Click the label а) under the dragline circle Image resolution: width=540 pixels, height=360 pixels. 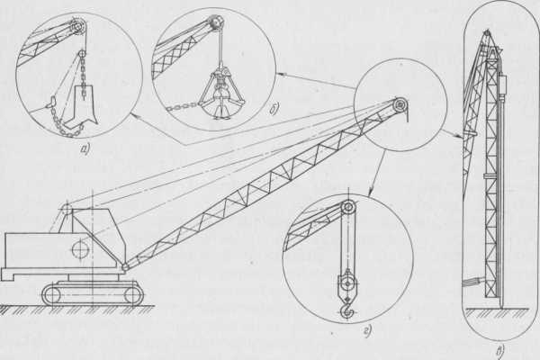85,148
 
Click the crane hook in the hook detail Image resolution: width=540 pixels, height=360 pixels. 346,309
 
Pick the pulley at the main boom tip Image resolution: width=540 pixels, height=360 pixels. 400,103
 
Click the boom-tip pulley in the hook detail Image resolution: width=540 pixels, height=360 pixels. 348,207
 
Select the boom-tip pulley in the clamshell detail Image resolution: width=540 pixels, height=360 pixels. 217,22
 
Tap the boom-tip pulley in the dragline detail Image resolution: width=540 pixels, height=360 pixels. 79,26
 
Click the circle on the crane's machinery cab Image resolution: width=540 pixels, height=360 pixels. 81,248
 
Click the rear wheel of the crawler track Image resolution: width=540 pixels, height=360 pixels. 51,295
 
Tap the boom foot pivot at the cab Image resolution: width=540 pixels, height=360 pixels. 126,266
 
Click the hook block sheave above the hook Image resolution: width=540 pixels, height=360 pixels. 347,283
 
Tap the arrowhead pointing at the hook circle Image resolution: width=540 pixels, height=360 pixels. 371,193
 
